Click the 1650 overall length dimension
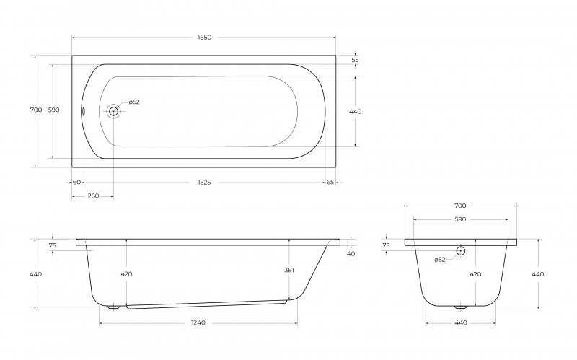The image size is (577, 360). tap(204, 38)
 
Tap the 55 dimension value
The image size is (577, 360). tap(355, 60)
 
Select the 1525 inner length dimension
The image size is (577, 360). tap(204, 183)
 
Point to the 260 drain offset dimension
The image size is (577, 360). tap(93, 196)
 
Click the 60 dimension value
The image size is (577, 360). tap(76, 183)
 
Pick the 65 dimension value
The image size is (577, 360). tap(330, 183)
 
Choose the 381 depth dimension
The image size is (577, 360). tap(289, 270)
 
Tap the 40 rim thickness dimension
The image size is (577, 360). tap(351, 254)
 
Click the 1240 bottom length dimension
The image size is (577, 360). tap(198, 322)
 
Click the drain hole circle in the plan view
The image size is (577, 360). tap(113, 111)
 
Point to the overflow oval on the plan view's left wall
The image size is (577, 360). tap(83, 111)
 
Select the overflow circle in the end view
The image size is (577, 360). tap(460, 250)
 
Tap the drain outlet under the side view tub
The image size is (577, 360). tap(113, 307)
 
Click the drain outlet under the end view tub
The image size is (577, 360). tap(460, 307)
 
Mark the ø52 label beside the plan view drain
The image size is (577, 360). tap(134, 102)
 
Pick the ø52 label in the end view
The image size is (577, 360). tap(440, 260)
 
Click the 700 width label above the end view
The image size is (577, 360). tap(460, 206)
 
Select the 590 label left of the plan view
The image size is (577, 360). tap(53, 110)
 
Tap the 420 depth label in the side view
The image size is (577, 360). tap(126, 274)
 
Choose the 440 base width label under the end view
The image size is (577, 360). tap(461, 322)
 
